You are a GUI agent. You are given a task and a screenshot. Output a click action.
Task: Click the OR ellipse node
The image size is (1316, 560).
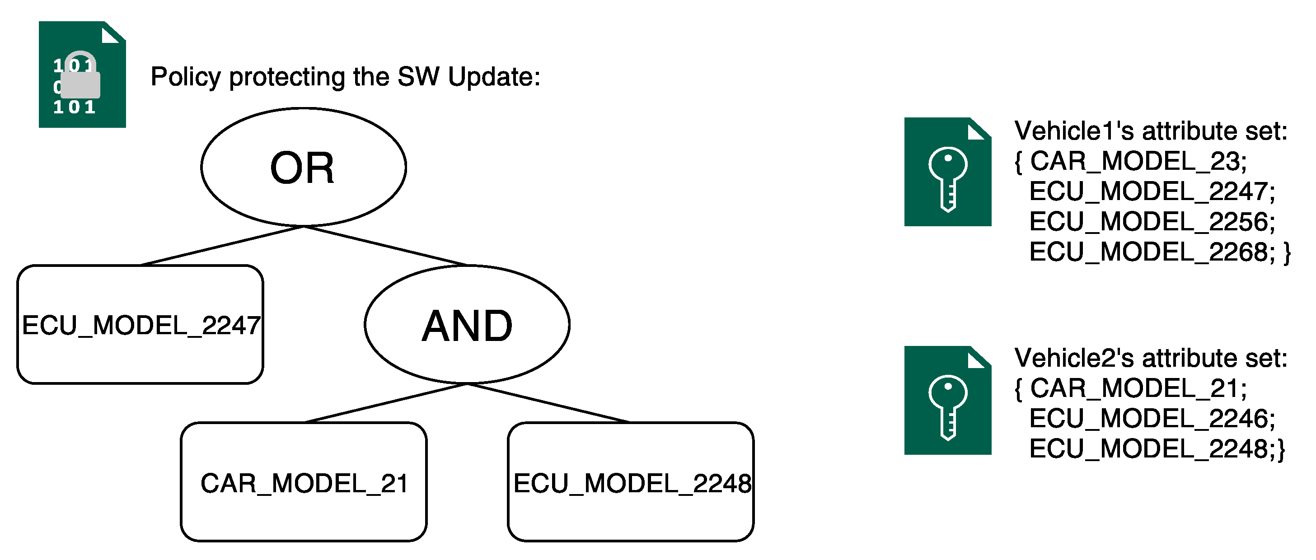[304, 168]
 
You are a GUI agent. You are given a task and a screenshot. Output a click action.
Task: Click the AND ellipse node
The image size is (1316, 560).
[467, 325]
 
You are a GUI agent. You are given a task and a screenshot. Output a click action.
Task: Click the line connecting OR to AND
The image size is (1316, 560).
[386, 246]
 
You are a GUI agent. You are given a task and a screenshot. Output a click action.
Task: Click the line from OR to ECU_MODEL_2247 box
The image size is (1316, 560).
[222, 246]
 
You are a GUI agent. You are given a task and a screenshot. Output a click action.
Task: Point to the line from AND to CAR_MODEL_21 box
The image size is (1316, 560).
[386, 403]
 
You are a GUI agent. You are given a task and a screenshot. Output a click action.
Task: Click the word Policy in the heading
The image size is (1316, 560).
[185, 78]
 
